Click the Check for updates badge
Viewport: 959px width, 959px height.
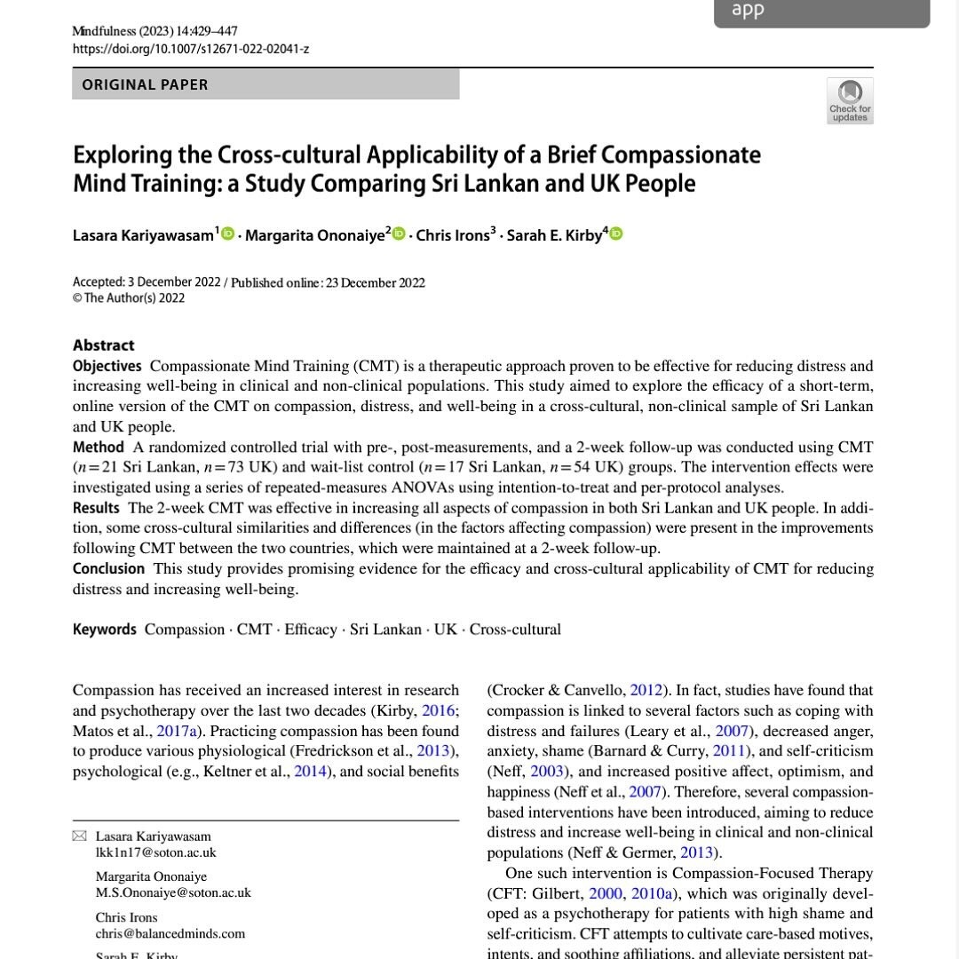[850, 100]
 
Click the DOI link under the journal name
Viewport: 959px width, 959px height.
[190, 49]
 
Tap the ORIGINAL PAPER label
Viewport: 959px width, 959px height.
[145, 85]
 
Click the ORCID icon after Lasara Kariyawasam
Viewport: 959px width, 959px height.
[228, 234]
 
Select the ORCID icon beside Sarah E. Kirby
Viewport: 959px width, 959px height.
[615, 234]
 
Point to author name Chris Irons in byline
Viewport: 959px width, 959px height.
[453, 235]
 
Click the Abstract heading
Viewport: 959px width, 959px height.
[104, 345]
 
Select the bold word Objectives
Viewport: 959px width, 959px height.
[107, 366]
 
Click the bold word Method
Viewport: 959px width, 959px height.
[99, 447]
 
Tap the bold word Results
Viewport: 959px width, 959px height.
[96, 508]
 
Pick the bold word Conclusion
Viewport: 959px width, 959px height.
[108, 568]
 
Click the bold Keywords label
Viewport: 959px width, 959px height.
[105, 630]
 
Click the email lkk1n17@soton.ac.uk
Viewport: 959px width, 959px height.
[155, 852]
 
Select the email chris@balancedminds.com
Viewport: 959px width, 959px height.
[170, 933]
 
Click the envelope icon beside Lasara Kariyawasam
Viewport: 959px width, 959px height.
[80, 836]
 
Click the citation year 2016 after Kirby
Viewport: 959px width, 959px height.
[438, 710]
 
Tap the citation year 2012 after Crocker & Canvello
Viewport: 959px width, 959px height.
[646, 690]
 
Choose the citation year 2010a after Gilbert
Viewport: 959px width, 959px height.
[652, 893]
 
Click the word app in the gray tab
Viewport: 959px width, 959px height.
[747, 11]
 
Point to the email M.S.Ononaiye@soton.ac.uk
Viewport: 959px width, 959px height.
[173, 892]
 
